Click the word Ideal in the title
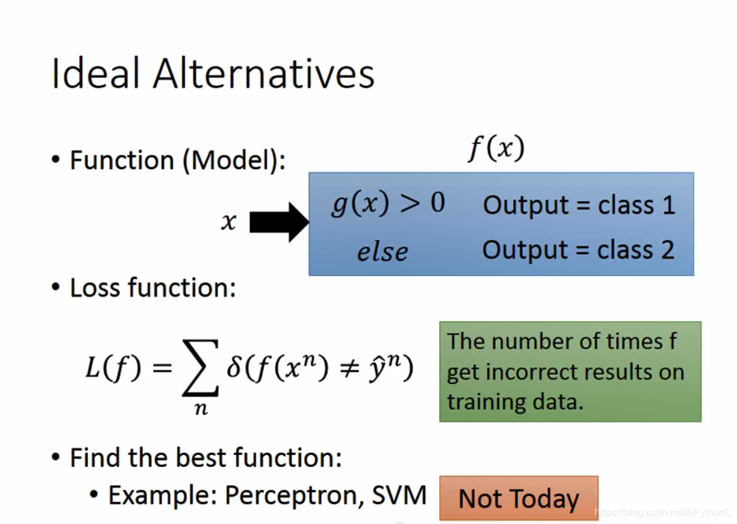click(95, 73)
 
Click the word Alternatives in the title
click(263, 73)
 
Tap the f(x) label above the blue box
click(496, 149)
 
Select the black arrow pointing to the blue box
click(279, 222)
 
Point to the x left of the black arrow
click(229, 221)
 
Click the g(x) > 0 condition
click(388, 204)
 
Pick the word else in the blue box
click(382, 252)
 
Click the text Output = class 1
click(579, 205)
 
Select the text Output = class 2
click(578, 250)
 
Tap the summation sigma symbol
click(200, 368)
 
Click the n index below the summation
click(201, 409)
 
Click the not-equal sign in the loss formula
click(350, 368)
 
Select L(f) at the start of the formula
click(114, 367)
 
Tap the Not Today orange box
click(519, 498)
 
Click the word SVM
click(399, 495)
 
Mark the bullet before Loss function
click(56, 287)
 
